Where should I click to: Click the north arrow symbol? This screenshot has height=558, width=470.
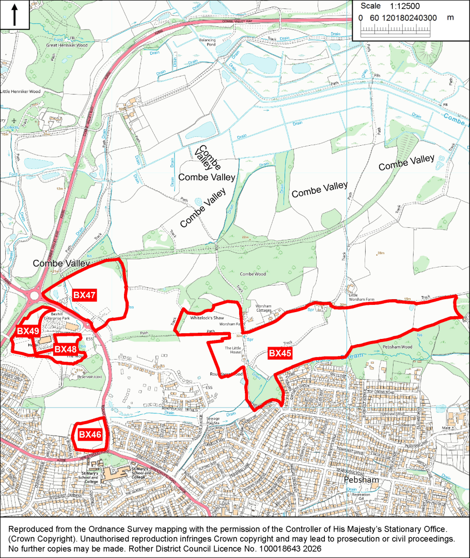coord(14,15)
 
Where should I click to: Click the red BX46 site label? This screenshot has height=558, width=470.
coord(90,435)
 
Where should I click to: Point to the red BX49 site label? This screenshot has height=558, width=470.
coord(28,331)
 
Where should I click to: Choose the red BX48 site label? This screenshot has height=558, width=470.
coord(65,349)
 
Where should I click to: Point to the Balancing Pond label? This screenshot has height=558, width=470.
coord(207,42)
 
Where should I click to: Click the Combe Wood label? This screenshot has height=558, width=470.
coord(253,274)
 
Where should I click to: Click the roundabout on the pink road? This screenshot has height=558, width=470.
coord(35,296)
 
